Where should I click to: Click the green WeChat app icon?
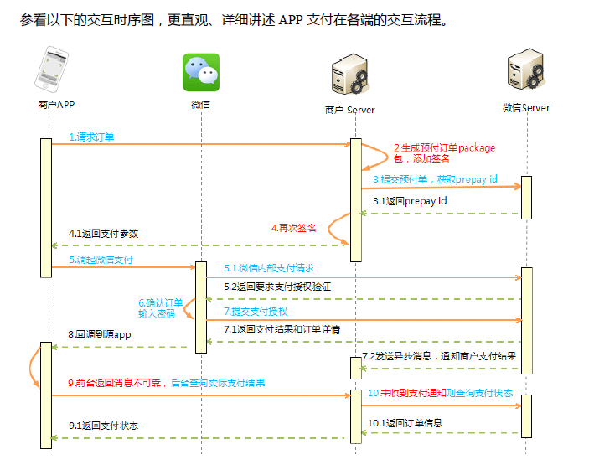click(x=201, y=72)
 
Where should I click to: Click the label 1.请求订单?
click(x=91, y=136)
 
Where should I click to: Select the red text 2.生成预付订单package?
click(x=444, y=148)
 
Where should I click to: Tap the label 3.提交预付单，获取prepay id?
click(x=435, y=178)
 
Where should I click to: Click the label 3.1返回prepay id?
click(x=410, y=201)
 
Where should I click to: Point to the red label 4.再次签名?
click(x=294, y=227)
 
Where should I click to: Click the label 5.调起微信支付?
click(x=101, y=260)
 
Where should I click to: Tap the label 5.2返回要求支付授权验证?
click(x=276, y=287)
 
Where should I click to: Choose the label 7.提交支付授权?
click(x=256, y=310)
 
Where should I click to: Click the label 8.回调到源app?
click(x=100, y=333)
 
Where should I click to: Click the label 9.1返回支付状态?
click(x=103, y=426)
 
